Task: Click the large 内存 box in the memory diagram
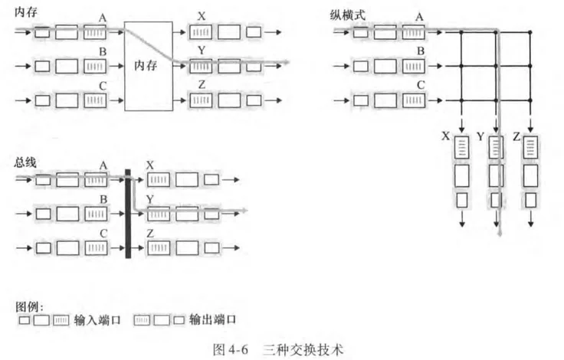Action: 150,67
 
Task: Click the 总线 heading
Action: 25,162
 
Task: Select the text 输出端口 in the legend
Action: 212,319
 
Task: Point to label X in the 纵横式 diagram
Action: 446,137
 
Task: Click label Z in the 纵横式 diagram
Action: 516,137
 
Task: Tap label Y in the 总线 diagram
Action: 150,198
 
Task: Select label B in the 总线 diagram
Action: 103,198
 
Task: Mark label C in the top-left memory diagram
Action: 103,85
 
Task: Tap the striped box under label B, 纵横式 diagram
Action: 414,66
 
